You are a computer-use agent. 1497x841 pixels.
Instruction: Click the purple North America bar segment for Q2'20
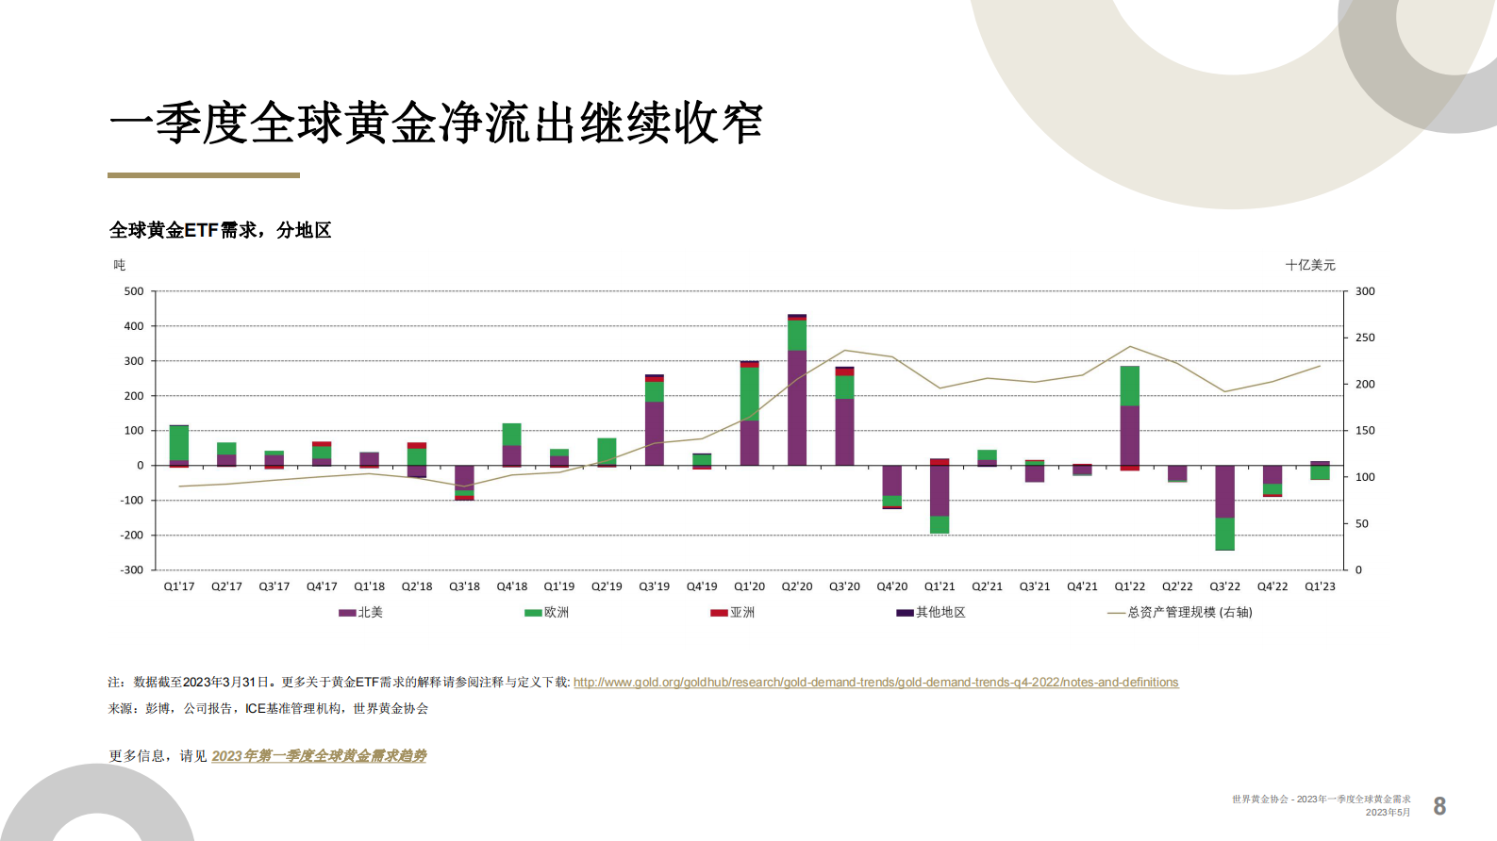[x=797, y=407]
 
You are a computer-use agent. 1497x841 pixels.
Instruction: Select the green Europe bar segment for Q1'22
[x=1129, y=386]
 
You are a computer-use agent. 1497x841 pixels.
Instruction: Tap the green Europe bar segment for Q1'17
[x=179, y=443]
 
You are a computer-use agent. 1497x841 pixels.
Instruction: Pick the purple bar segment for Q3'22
[x=1224, y=491]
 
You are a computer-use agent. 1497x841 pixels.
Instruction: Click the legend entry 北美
[x=361, y=613]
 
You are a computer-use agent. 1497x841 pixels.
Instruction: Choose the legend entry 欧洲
[x=547, y=613]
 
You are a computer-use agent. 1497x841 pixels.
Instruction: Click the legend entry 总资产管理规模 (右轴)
[x=1180, y=613]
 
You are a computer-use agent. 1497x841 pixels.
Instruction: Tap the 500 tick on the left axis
[x=134, y=291]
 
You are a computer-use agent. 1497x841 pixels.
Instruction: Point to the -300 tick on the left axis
[x=132, y=570]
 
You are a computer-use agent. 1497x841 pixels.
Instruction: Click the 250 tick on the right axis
[x=1365, y=338]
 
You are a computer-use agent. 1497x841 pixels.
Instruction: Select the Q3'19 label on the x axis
[x=654, y=586]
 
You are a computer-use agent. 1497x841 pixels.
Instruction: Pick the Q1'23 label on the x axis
[x=1320, y=586]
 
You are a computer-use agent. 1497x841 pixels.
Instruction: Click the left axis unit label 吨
[x=120, y=265]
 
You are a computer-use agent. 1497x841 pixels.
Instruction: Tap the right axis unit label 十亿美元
[x=1310, y=265]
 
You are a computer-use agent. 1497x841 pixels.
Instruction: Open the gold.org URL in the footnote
[x=875, y=683]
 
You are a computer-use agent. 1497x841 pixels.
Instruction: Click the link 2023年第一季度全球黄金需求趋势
[x=319, y=756]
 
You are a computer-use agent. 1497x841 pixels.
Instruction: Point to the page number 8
[x=1439, y=806]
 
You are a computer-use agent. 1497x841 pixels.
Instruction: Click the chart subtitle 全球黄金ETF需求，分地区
[x=220, y=230]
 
